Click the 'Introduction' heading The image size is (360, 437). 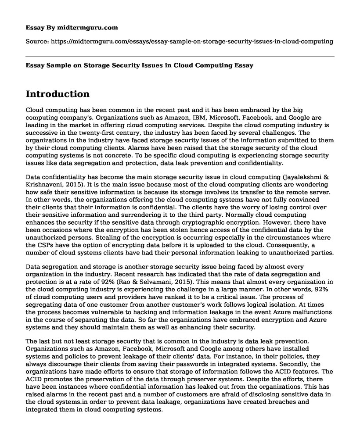click(x=58, y=94)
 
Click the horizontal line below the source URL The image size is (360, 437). click(x=180, y=56)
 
